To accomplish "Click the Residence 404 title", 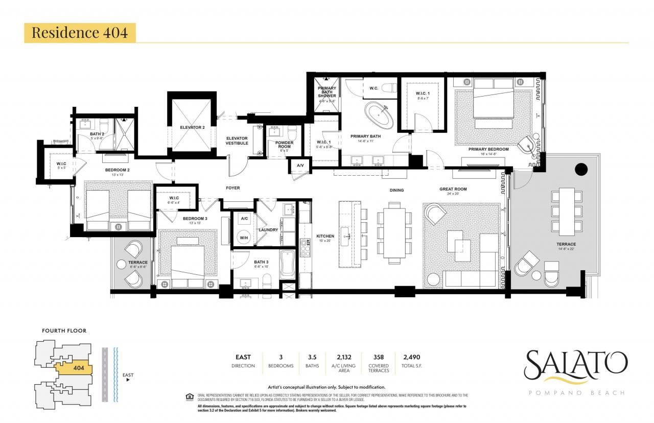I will click(x=79, y=33).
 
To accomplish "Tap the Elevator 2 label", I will click(x=192, y=127).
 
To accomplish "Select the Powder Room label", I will click(x=284, y=145).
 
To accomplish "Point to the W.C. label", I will click(x=373, y=88).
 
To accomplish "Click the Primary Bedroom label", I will click(x=488, y=149).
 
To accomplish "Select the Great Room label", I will click(x=453, y=190).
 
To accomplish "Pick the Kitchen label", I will click(x=325, y=236).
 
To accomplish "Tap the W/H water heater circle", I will click(x=244, y=237).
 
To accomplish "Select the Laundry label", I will click(x=268, y=230).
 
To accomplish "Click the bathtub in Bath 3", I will click(x=288, y=265).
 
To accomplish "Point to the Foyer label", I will click(x=233, y=188).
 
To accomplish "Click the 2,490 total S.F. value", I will click(x=411, y=357).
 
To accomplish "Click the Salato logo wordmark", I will click(x=575, y=364).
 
